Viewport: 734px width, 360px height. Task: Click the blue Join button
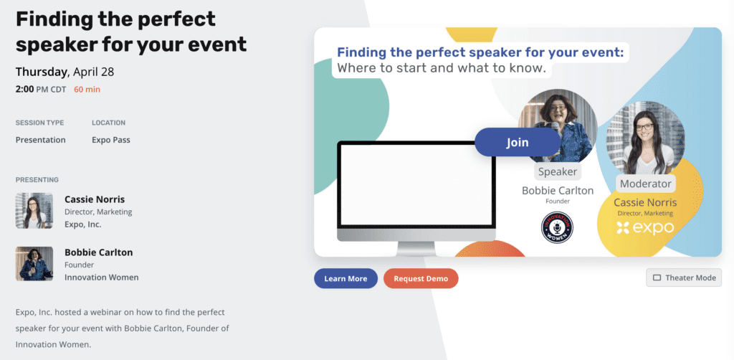[x=518, y=142]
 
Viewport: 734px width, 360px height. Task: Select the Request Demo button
[x=421, y=278]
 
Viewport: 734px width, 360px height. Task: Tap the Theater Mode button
[x=684, y=278]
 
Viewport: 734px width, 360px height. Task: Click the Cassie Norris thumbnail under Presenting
[x=34, y=211]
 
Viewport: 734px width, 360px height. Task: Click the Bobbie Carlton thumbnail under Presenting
[x=34, y=264]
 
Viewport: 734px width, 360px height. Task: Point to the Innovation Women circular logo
[x=557, y=227]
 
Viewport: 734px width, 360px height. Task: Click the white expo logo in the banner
[x=645, y=228]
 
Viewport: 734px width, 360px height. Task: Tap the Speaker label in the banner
[x=558, y=172]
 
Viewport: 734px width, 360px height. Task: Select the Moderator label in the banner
[x=646, y=184]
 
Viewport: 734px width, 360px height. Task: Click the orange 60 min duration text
[x=87, y=90]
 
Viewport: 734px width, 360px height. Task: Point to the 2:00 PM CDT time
[x=41, y=90]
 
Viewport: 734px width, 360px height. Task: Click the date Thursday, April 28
[x=65, y=72]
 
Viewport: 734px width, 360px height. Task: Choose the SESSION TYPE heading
[x=40, y=123]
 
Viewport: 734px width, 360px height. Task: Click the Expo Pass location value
[x=111, y=140]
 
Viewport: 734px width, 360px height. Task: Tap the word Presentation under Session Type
[x=41, y=140]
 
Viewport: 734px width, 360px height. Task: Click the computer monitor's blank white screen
[x=416, y=184]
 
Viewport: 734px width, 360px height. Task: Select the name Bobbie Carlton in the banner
[x=558, y=191]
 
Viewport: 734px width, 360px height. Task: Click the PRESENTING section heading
[x=37, y=180]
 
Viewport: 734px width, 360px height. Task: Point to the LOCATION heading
[x=109, y=123]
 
